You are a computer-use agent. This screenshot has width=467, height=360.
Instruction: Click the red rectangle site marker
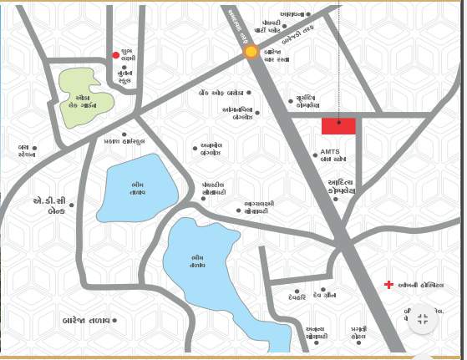tap(338, 126)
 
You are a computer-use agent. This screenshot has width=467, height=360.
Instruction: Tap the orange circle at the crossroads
tap(251, 52)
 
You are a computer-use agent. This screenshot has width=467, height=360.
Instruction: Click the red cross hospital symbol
tap(388, 286)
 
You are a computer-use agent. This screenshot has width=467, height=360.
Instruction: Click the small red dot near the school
tap(116, 56)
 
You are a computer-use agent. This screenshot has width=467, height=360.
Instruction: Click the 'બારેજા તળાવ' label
tap(86, 320)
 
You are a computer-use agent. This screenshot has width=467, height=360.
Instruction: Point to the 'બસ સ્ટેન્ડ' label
tap(27, 151)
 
